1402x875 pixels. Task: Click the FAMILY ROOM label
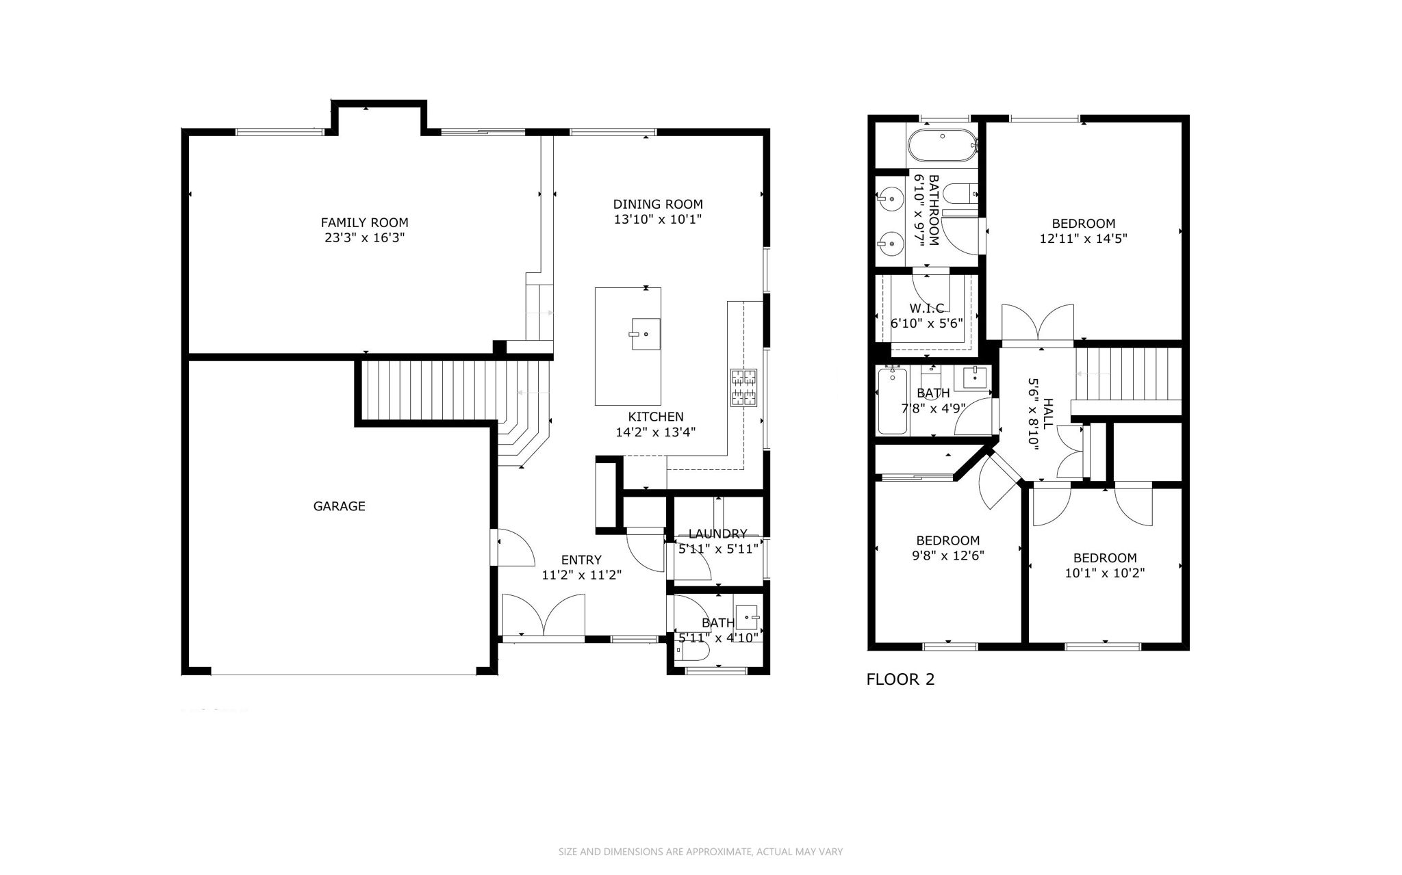[364, 223]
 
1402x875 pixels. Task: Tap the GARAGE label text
[339, 506]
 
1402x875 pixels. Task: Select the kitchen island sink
[645, 334]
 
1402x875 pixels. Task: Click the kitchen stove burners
[744, 388]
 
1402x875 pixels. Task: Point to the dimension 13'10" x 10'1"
[658, 220]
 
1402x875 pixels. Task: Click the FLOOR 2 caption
[900, 679]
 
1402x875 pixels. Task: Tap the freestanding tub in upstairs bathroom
[941, 146]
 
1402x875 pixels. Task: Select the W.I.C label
[927, 309]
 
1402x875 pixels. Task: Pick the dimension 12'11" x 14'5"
[1083, 239]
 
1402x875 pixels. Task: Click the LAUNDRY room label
[717, 534]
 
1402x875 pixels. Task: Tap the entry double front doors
[544, 616]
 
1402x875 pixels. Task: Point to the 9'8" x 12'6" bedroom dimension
[948, 556]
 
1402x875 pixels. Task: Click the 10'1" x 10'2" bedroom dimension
[1104, 573]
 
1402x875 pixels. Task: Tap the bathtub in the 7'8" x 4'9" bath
[892, 401]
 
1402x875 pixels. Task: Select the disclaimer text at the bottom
[700, 852]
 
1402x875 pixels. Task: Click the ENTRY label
[581, 560]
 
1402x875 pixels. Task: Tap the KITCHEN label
[656, 417]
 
